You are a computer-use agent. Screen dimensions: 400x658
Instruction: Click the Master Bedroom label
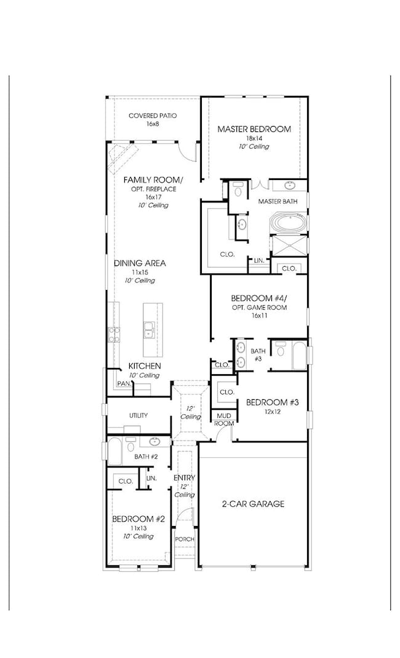[254, 129]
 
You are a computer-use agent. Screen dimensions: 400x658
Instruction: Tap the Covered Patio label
[153, 116]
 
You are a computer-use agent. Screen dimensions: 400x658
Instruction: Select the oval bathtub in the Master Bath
[289, 222]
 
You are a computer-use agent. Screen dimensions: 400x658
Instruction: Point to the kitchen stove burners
[114, 334]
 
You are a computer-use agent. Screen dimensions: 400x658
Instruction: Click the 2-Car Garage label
[253, 504]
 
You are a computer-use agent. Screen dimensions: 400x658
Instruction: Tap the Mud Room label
[224, 420]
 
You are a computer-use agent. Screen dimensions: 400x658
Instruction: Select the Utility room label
[138, 415]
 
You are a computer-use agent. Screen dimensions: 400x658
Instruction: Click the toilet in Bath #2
[130, 445]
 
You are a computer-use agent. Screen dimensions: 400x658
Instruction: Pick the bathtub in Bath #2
[115, 451]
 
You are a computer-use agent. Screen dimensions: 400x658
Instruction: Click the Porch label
[185, 539]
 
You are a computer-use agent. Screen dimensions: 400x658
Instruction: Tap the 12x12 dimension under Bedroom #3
[272, 412]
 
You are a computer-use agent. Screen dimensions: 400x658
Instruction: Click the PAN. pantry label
[124, 383]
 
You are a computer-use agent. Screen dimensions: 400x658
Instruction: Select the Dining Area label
[140, 263]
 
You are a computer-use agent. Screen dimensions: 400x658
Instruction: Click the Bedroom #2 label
[138, 519]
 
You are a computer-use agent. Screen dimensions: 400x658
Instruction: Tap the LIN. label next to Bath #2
[151, 479]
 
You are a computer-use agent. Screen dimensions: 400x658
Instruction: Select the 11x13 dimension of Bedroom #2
[138, 528]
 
